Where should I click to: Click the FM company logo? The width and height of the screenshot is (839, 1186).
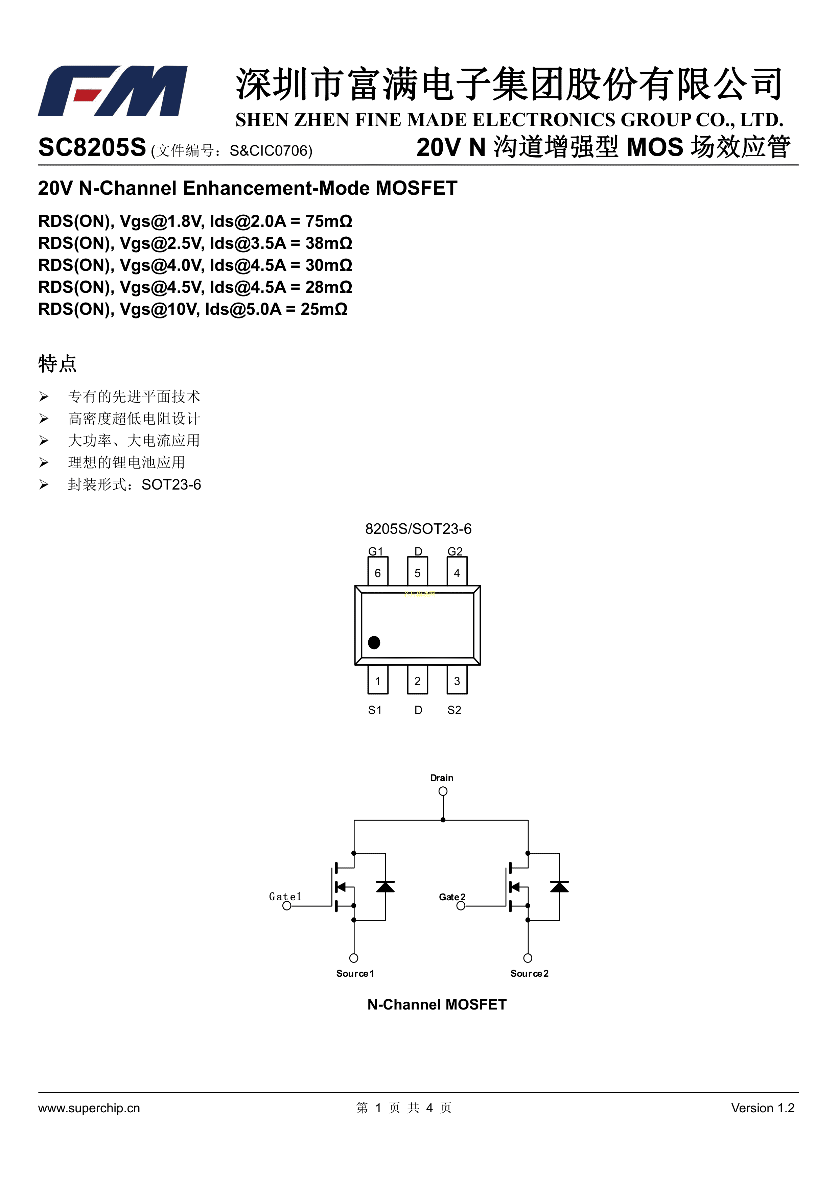[113, 91]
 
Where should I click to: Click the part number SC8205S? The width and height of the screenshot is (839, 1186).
[92, 148]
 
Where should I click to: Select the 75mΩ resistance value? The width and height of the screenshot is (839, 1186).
[329, 221]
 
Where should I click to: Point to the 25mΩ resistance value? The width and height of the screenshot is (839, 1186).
[324, 309]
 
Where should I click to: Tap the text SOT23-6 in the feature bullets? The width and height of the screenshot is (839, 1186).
[171, 484]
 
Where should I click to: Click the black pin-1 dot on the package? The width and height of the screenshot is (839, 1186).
[374, 642]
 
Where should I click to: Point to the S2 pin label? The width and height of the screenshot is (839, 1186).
[454, 710]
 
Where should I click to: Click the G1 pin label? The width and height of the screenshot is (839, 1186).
[376, 551]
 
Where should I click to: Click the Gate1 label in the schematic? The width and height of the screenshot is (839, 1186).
[285, 897]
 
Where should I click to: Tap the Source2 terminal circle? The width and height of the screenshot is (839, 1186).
[528, 958]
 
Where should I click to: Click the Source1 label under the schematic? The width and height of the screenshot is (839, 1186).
[355, 974]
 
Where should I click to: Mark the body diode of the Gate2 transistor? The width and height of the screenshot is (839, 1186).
[559, 887]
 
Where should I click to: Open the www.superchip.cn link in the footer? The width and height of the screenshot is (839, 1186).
[89, 1108]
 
